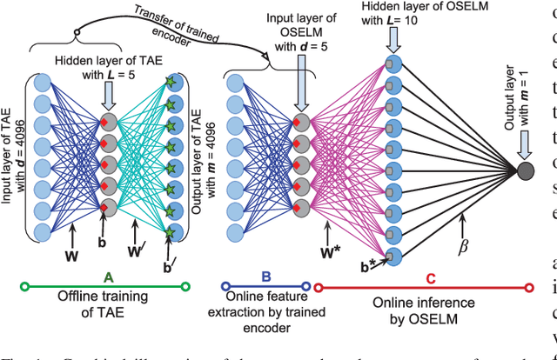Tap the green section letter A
pos(108,277)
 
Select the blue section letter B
pos(266,277)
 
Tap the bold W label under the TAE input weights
pos(73,255)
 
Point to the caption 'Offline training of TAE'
pos(108,303)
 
